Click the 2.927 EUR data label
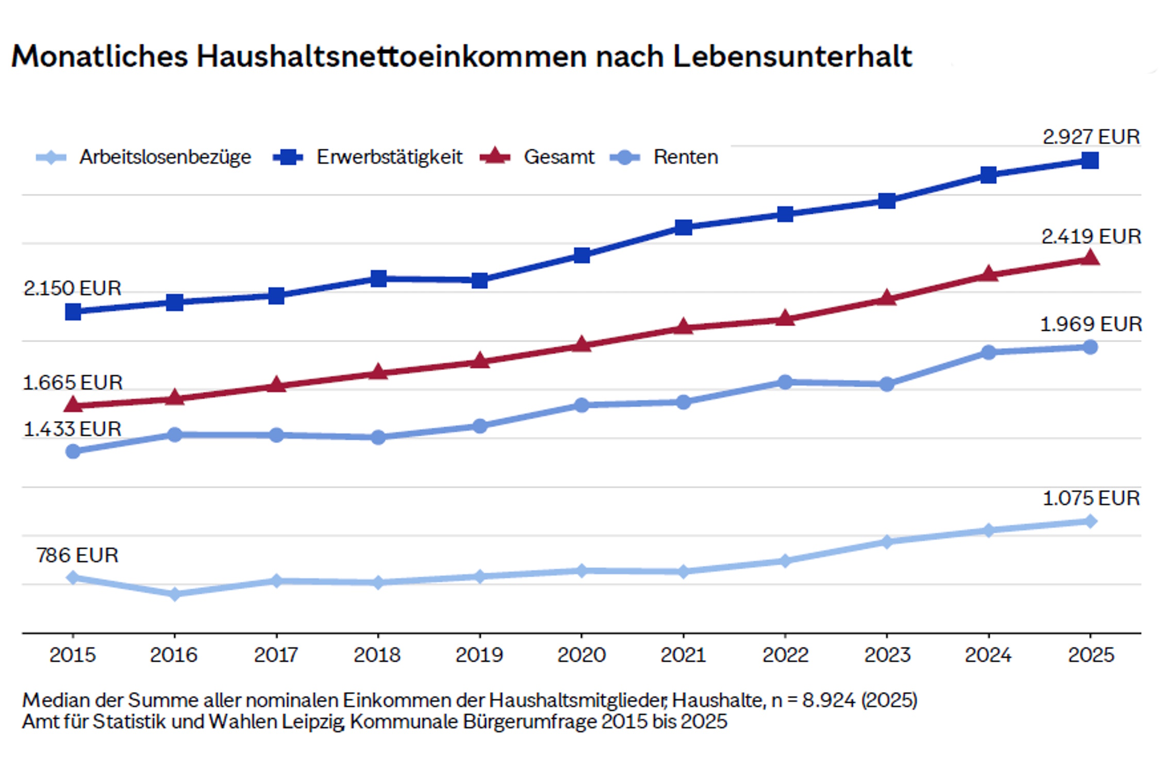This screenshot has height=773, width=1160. click(1091, 137)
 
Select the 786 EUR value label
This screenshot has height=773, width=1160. click(77, 556)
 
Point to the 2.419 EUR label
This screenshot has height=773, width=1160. click(1091, 237)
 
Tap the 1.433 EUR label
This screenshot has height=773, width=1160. click(72, 429)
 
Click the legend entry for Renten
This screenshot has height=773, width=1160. click(685, 157)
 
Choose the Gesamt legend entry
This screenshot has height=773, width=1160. click(558, 157)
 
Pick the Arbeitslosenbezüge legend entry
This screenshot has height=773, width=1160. click(165, 157)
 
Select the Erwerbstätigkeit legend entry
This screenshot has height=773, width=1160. click(389, 157)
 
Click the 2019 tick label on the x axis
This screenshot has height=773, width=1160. click(479, 655)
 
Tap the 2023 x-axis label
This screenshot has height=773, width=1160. click(887, 655)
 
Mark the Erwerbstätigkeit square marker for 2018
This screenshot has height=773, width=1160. click(378, 279)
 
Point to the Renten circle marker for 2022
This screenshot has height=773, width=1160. click(785, 382)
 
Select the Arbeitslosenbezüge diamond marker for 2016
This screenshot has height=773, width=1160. click(175, 594)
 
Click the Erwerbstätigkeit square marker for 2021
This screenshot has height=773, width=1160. click(683, 227)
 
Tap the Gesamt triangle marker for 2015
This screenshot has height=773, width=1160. click(73, 405)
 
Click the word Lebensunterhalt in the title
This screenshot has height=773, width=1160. click(792, 56)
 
